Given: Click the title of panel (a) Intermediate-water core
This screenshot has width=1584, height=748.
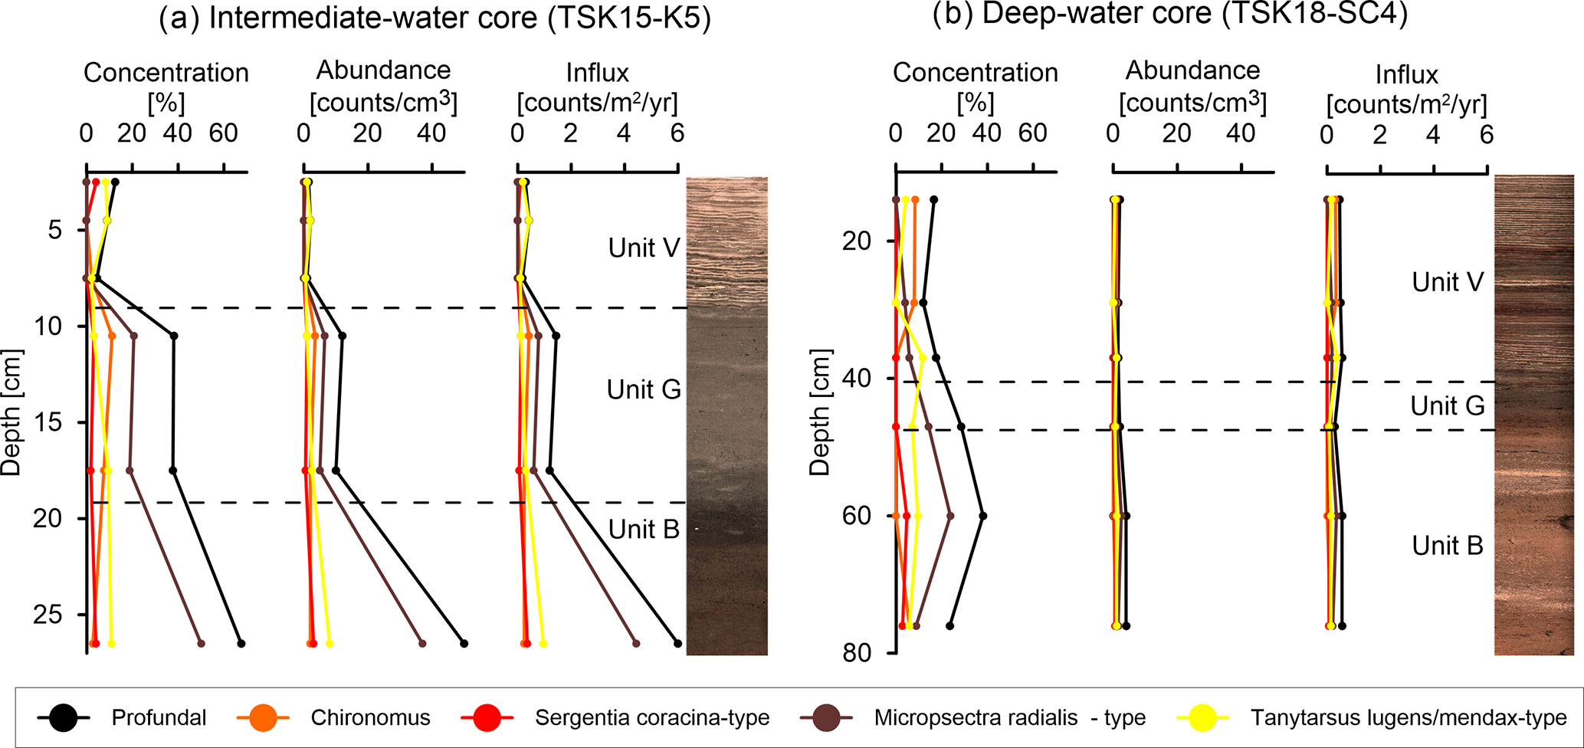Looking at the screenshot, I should (435, 18).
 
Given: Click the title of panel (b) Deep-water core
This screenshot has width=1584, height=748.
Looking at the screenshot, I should (1169, 15).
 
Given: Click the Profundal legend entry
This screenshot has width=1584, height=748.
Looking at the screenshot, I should (159, 718).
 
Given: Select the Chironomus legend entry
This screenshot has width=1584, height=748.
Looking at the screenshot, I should (370, 718).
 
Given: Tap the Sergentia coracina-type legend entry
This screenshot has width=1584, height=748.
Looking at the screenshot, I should (651, 718).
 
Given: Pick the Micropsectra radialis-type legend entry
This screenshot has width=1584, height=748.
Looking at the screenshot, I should (1009, 718).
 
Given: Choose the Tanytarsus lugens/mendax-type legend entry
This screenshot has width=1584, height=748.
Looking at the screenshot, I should (1409, 718).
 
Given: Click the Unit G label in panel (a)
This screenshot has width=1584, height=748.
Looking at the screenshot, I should (644, 389).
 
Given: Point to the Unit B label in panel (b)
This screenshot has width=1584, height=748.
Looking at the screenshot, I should (1448, 546).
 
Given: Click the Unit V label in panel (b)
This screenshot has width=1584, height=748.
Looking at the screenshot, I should (1448, 282).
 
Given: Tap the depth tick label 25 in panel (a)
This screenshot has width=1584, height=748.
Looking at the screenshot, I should (56, 615).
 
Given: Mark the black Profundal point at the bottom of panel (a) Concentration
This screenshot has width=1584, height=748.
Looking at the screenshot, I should (241, 643).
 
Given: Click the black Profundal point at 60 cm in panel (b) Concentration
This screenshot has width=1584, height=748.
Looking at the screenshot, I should (983, 516).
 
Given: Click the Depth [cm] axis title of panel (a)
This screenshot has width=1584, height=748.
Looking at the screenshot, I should (12, 412).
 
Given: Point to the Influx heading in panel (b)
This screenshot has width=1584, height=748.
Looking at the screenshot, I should (1406, 75).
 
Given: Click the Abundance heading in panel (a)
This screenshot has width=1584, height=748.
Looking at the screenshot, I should (383, 71).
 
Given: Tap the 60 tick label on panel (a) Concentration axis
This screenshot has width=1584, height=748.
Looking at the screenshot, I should (224, 133).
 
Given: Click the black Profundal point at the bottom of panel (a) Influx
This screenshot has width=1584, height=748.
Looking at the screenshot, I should (677, 643).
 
